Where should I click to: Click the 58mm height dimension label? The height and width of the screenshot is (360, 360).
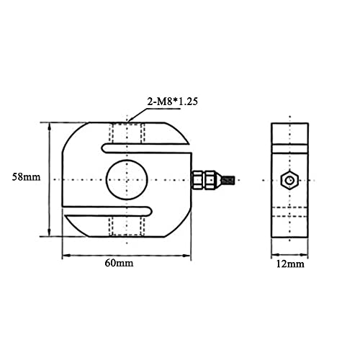tap(26, 177)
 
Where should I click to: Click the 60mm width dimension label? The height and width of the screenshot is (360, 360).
tap(119, 263)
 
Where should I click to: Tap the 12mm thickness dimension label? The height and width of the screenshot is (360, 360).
tap(290, 264)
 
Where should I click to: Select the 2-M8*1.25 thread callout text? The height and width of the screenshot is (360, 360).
tap(173, 102)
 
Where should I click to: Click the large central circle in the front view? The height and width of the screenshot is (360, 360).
tap(127, 180)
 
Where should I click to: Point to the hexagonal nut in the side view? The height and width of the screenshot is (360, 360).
tap(289, 180)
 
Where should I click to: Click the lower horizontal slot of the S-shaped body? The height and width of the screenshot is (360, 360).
tap(107, 211)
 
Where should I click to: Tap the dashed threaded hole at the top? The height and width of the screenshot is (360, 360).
tap(127, 133)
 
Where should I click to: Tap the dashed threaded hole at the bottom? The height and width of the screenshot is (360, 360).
tap(127, 226)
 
